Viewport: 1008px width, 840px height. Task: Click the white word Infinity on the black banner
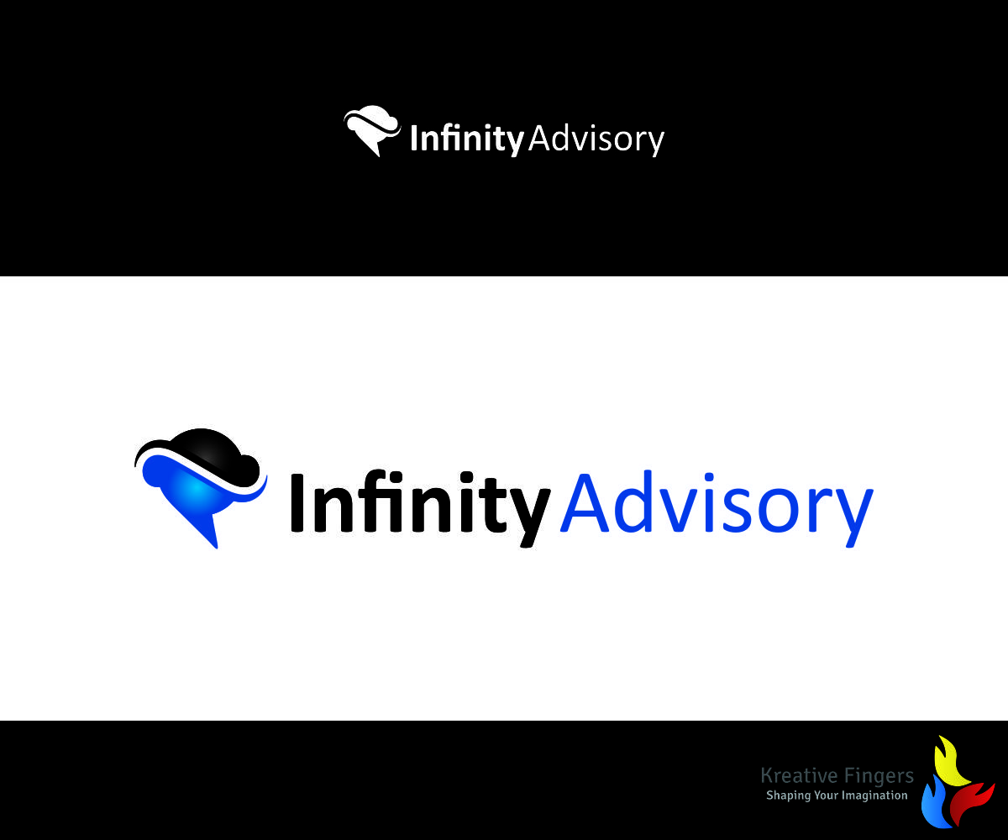click(x=466, y=139)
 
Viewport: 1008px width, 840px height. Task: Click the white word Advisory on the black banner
click(x=596, y=139)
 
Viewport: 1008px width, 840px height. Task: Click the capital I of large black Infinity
click(x=297, y=502)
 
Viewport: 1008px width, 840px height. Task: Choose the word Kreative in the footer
click(x=795, y=775)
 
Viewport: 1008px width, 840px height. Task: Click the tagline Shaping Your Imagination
click(x=837, y=795)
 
